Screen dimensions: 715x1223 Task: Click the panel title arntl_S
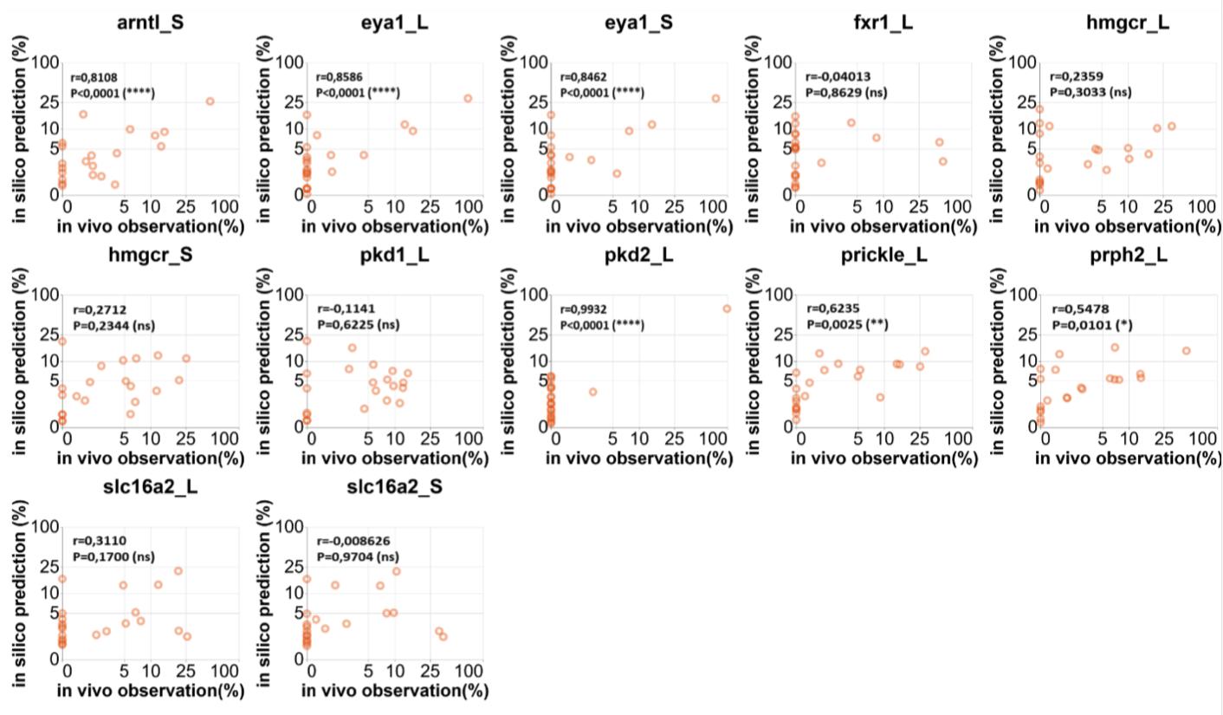click(x=150, y=23)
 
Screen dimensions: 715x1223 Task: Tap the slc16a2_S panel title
click(x=394, y=487)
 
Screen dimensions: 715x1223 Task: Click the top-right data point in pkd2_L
click(x=727, y=309)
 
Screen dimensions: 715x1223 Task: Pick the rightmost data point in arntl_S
click(x=210, y=101)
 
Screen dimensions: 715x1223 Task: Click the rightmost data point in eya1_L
click(x=468, y=99)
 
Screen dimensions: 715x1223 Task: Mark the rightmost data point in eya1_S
click(x=715, y=99)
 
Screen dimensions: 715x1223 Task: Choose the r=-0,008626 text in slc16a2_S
click(x=353, y=542)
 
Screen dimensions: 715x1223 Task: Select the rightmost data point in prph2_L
click(x=1186, y=351)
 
